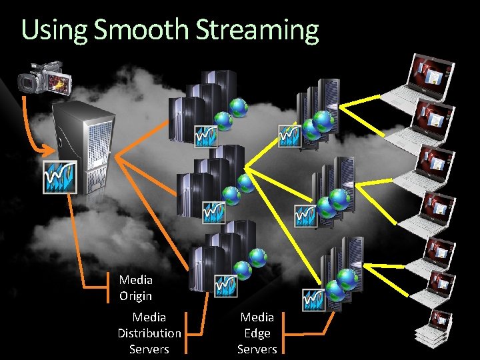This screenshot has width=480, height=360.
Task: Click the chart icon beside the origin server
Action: click(60, 177)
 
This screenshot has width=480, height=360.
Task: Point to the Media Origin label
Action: click(136, 288)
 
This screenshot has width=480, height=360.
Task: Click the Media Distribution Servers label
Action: click(149, 333)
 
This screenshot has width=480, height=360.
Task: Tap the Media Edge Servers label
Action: click(257, 333)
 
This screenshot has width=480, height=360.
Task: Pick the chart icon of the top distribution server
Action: click(205, 135)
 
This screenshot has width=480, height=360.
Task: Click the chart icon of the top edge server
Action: click(289, 135)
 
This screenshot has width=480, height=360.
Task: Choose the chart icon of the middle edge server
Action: click(306, 215)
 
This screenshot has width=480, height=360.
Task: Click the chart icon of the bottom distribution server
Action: click(225, 285)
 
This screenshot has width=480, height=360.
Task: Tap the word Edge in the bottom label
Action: click(257, 333)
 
